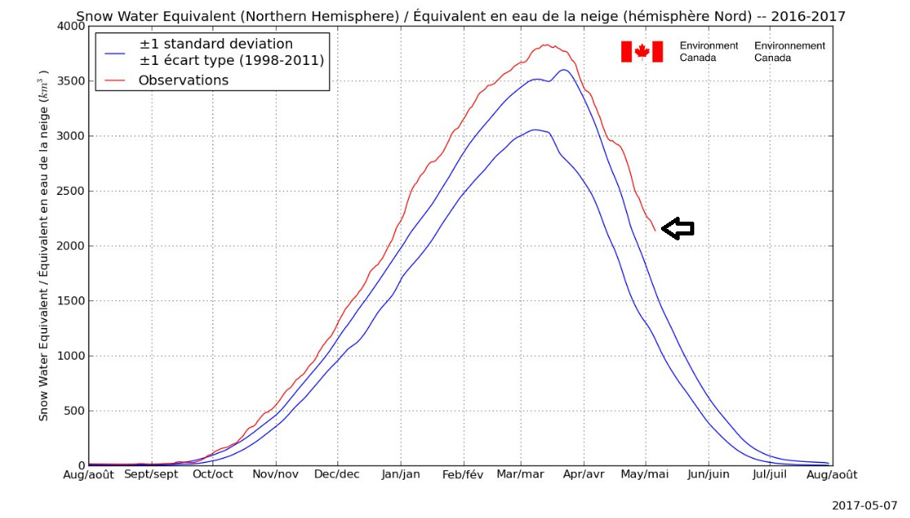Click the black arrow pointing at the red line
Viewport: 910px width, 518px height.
point(678,229)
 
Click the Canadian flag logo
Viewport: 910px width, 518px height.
point(642,51)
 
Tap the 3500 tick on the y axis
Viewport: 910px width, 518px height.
point(70,81)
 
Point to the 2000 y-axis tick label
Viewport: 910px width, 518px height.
point(70,246)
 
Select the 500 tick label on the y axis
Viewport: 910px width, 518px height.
point(73,411)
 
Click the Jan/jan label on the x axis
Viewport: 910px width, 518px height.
point(401,475)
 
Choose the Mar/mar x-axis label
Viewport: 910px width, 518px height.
point(521,475)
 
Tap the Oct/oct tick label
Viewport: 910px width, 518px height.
point(212,475)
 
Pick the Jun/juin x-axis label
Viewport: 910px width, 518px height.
point(708,475)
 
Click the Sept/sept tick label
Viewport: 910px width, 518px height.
point(151,475)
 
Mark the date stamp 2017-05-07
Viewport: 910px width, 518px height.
point(865,505)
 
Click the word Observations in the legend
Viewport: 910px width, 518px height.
point(183,80)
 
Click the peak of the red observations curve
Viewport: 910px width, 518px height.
point(546,45)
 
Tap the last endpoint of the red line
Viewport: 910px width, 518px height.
point(655,231)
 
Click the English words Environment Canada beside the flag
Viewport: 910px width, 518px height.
point(709,51)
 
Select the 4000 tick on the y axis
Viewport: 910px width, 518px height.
point(70,26)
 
